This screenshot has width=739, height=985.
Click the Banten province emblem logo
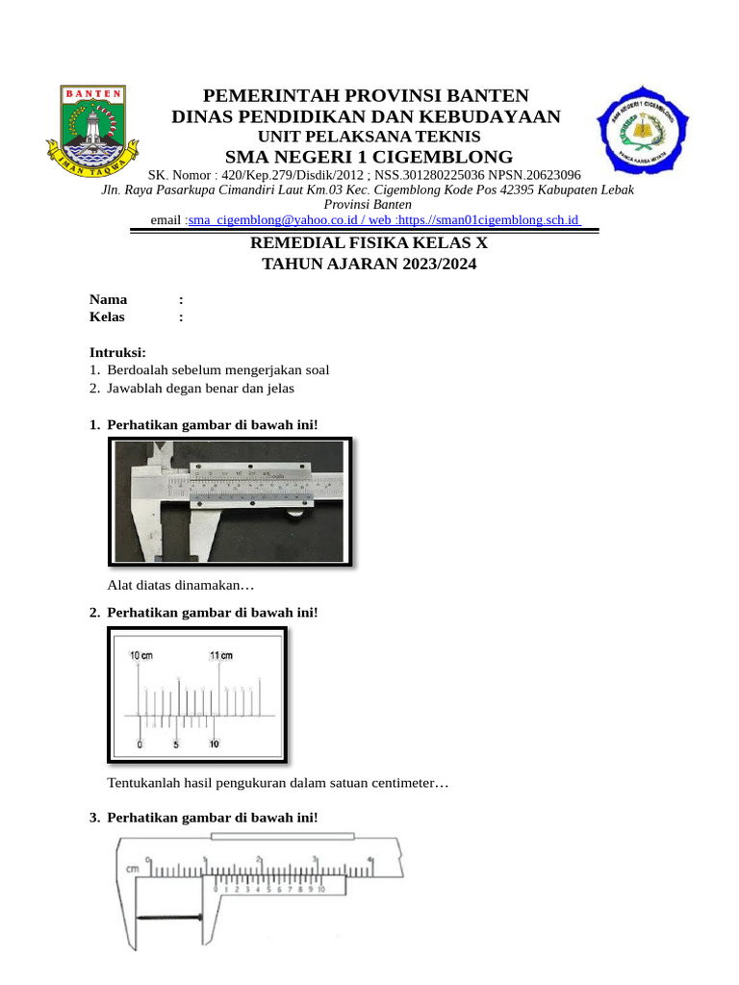93,131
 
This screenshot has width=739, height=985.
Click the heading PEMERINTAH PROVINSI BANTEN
366,95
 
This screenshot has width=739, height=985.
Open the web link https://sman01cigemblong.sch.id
493,220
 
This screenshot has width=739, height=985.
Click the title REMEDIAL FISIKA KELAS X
369,243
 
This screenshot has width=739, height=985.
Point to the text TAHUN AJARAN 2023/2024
369,264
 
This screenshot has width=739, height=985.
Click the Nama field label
108,299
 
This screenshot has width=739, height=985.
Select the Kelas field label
107,316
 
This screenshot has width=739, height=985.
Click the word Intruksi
117,353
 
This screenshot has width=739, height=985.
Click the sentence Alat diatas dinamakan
181,585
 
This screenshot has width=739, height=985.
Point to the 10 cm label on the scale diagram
140,655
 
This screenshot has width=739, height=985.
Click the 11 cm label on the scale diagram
220,655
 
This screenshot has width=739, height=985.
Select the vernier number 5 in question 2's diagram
176,745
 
